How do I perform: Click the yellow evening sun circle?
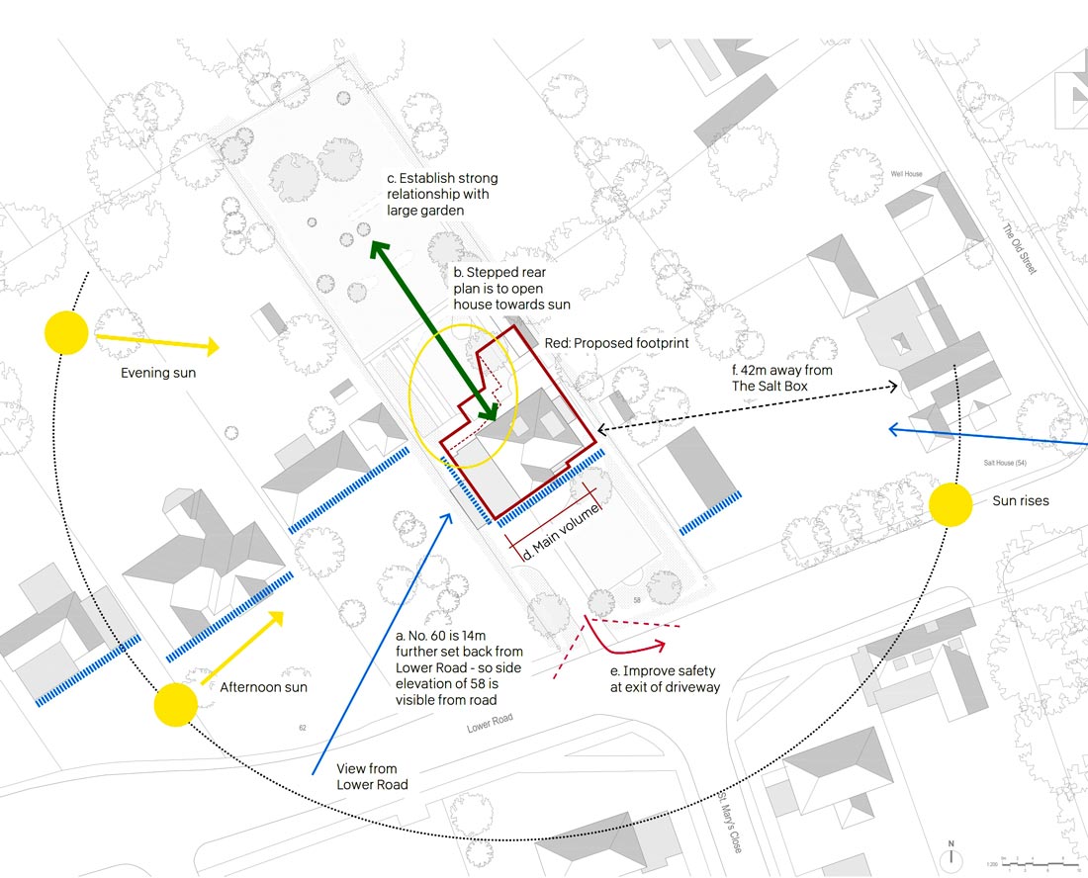click(66, 333)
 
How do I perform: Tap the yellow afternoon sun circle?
click(176, 705)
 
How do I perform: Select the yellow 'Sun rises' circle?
click(951, 504)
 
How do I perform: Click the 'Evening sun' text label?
click(158, 373)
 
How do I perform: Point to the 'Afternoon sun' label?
click(263, 687)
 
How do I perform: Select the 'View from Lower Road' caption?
click(367, 776)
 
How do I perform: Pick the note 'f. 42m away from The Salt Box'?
click(781, 378)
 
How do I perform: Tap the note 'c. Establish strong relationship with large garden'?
click(441, 194)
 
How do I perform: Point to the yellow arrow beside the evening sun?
click(156, 343)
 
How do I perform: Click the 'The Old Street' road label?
click(1019, 248)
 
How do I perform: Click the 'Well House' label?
click(906, 174)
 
